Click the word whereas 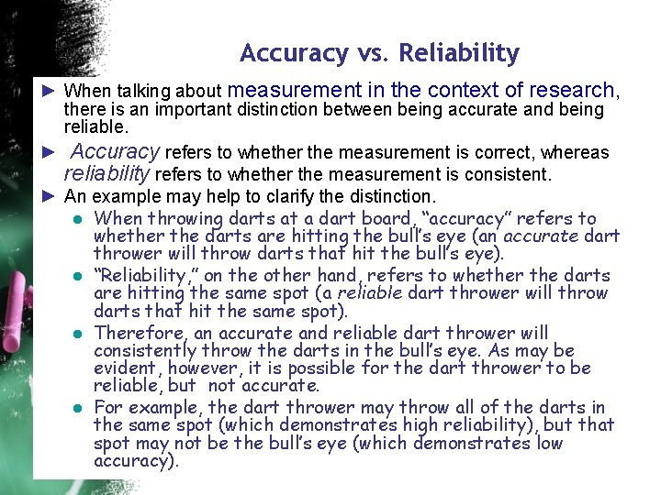(x=575, y=152)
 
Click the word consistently (x=145, y=350)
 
